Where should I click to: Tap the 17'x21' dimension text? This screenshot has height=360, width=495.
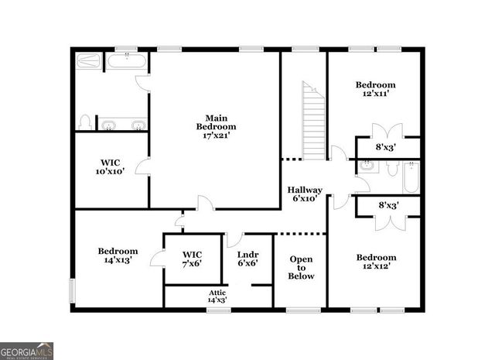(x=216, y=135)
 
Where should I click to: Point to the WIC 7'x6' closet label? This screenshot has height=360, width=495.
(x=192, y=258)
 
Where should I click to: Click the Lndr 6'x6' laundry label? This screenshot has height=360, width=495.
(x=247, y=258)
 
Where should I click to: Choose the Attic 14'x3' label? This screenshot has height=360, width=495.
(x=217, y=295)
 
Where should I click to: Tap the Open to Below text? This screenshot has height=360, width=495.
(x=302, y=267)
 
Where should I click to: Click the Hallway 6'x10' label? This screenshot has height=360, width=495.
(x=305, y=194)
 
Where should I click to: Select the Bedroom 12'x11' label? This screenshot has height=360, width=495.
(x=375, y=89)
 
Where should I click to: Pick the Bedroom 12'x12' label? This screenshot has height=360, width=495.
(x=376, y=262)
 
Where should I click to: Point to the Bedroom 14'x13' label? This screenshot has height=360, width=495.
(x=118, y=255)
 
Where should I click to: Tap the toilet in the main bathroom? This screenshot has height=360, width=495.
(x=86, y=122)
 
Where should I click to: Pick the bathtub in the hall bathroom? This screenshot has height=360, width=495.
(x=409, y=177)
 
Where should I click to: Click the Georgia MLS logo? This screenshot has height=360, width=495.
(x=27, y=351)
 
